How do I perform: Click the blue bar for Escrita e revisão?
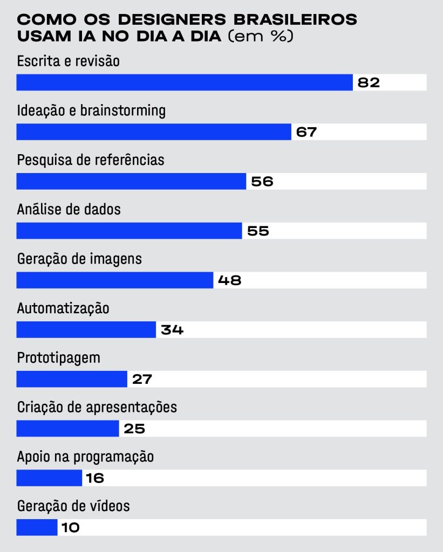[185, 82]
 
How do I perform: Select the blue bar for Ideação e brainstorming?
[154, 132]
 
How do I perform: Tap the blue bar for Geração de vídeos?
[37, 527]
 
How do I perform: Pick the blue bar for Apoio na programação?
[49, 478]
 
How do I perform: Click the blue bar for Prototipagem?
[72, 379]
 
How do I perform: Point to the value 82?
[369, 82]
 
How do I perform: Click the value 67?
[306, 132]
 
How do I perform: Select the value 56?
[262, 182]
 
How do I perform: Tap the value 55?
[258, 231]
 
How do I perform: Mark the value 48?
[229, 280]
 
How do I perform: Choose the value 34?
[172, 330]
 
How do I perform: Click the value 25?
[134, 429]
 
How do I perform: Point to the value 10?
[70, 527]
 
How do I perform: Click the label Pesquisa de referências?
[91, 160]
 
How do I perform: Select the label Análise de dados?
[69, 210]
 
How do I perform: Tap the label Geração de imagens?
[79, 259]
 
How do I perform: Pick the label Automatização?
[63, 308]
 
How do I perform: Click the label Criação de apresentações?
[97, 407]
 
